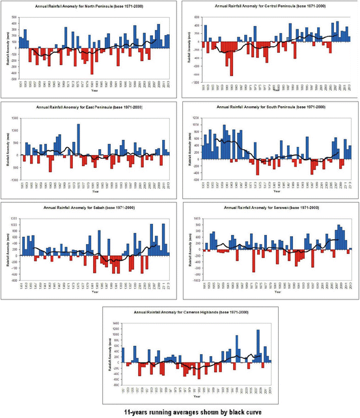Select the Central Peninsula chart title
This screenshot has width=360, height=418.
tap(270, 6)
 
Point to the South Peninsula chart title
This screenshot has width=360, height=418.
tap(270, 107)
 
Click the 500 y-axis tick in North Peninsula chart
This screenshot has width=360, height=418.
tap(14, 16)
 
